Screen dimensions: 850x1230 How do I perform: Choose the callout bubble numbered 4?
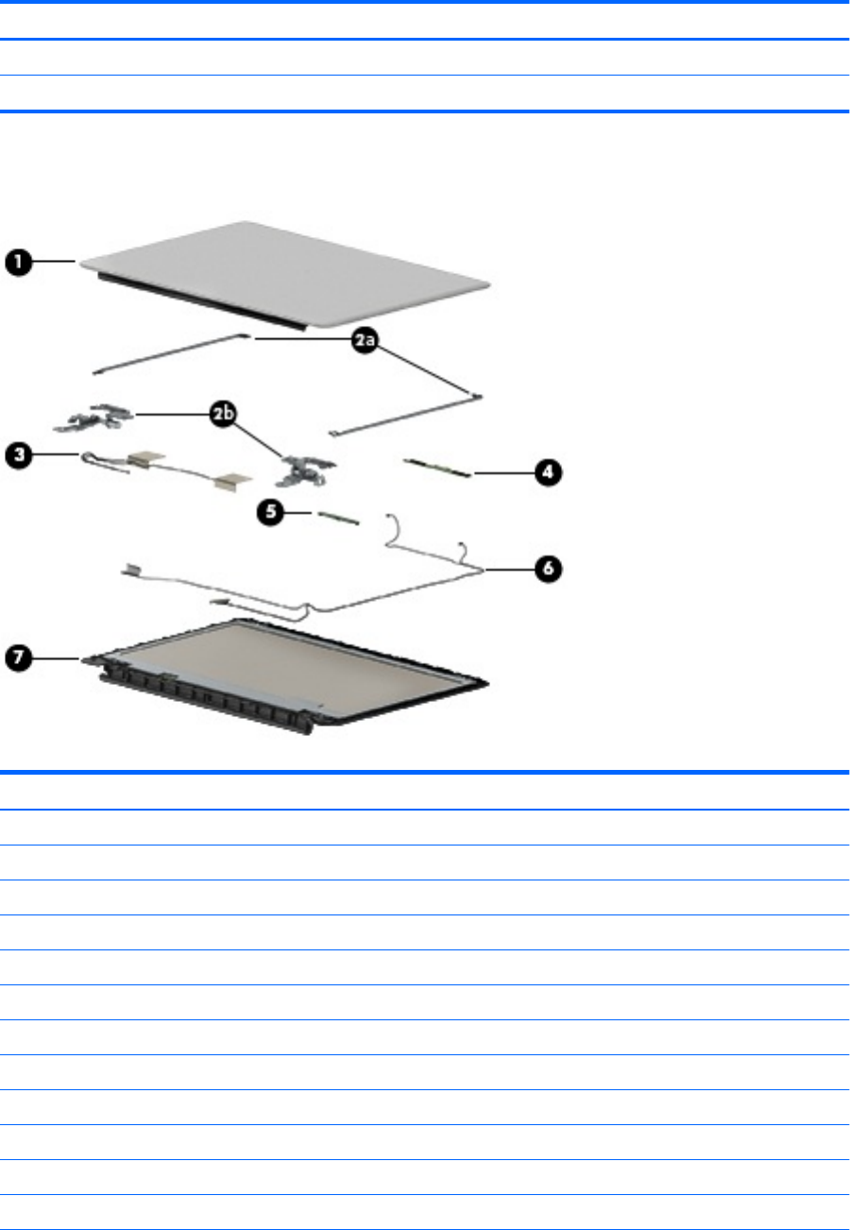(548, 472)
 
